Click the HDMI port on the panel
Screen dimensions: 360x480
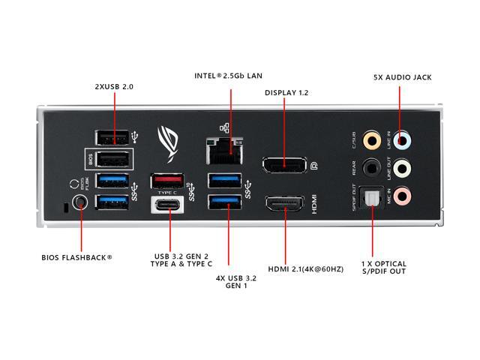coord(284,205)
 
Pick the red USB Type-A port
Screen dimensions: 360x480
coord(167,181)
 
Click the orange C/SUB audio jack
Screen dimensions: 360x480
coord(371,139)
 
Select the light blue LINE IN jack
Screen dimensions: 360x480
coord(403,139)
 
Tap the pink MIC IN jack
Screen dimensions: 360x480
coord(403,196)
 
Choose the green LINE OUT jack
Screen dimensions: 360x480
coord(403,167)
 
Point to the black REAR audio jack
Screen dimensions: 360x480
coord(371,167)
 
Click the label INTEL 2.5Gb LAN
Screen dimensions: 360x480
coord(229,76)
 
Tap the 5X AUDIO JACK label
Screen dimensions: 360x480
coord(403,77)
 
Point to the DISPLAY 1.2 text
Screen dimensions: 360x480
coord(286,93)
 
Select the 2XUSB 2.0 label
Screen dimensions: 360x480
coord(114,86)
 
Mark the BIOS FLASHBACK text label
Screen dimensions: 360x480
coord(77,257)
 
